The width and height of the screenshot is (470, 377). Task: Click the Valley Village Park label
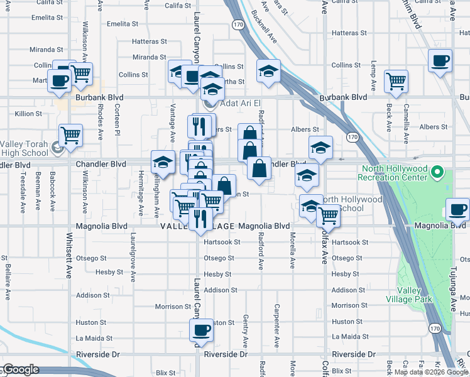click(x=414, y=295)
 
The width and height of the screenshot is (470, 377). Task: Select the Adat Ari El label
click(x=239, y=103)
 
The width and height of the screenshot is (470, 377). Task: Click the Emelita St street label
click(x=123, y=24)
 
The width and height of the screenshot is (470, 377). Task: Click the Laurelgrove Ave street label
click(x=133, y=258)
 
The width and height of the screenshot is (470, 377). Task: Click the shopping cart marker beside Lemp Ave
click(x=396, y=80)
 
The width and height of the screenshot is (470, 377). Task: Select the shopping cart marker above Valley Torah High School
click(x=70, y=134)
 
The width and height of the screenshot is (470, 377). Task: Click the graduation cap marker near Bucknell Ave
click(x=268, y=70)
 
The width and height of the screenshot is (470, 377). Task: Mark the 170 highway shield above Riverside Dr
click(x=434, y=328)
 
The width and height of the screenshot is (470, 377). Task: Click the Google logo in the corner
click(x=21, y=369)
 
